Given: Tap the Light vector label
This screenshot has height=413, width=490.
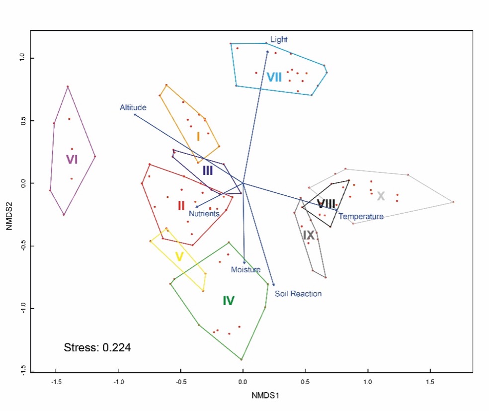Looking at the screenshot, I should [x=279, y=39].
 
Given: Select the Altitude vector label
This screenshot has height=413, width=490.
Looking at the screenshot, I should [x=133, y=107].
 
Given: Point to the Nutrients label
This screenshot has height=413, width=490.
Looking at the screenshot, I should [x=204, y=214].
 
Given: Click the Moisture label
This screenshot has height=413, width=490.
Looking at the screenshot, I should [x=245, y=270].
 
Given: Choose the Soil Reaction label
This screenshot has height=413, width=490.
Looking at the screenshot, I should [x=298, y=294].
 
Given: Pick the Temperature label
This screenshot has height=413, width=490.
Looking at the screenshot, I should [x=361, y=217].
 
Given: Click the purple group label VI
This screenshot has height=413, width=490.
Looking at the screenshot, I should [x=72, y=160].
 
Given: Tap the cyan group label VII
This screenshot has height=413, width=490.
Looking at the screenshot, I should [x=274, y=77].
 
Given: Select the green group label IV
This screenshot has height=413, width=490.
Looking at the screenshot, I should [x=228, y=300].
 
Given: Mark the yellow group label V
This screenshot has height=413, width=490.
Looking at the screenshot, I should [x=179, y=257].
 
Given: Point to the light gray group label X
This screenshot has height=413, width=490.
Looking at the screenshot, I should [x=381, y=196].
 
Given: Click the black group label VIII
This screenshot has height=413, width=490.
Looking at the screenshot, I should [x=326, y=203].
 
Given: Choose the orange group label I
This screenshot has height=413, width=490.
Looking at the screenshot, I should [x=198, y=136].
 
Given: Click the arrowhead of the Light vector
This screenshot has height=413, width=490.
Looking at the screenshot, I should [x=267, y=50].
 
